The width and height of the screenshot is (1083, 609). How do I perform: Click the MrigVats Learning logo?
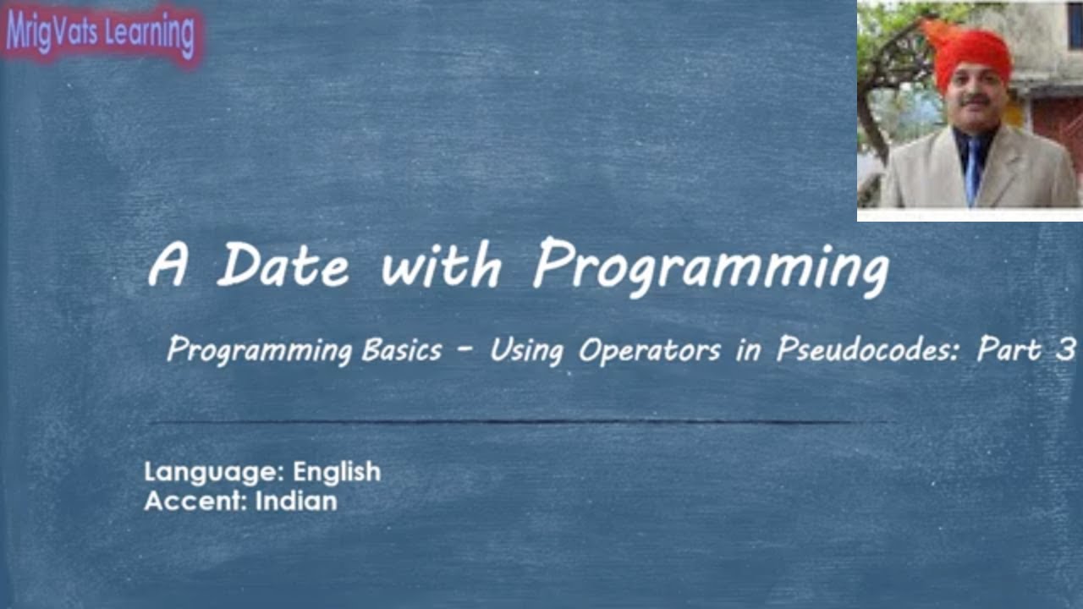tap(101, 33)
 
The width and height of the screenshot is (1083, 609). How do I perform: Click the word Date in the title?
tap(283, 265)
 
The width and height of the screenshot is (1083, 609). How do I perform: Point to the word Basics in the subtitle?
tap(401, 349)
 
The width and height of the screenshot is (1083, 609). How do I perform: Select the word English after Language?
tap(337, 472)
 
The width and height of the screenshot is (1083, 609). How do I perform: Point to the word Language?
tap(215, 473)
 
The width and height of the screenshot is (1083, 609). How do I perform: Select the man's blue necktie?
tap(973, 169)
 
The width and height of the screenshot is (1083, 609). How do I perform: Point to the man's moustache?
tap(976, 100)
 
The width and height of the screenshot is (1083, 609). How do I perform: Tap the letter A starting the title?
tap(168, 265)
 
